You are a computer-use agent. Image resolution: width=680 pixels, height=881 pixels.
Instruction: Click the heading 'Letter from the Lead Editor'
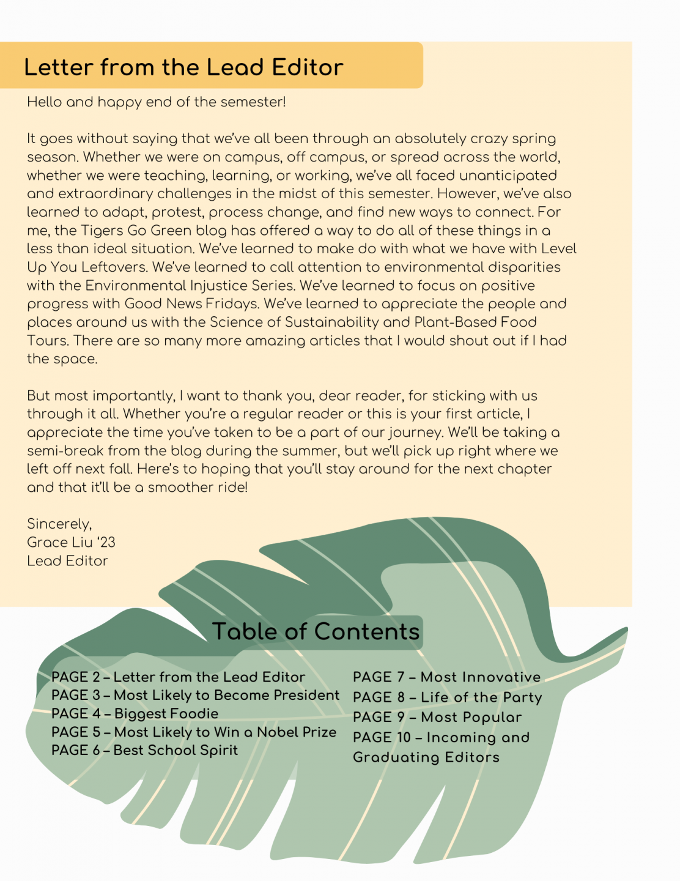(x=183, y=67)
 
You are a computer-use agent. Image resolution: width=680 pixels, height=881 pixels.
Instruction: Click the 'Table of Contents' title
(x=316, y=631)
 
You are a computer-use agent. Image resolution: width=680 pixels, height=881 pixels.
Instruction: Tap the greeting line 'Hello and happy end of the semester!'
(x=157, y=102)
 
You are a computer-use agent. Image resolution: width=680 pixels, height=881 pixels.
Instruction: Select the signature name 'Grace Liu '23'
(x=71, y=543)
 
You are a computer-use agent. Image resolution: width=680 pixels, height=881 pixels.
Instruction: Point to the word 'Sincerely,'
(x=59, y=524)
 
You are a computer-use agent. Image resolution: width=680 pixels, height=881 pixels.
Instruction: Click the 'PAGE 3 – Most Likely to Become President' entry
(x=195, y=696)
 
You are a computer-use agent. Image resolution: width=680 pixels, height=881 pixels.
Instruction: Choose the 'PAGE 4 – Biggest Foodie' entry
(x=135, y=714)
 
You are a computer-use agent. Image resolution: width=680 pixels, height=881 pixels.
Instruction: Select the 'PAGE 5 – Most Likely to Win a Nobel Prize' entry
(x=194, y=732)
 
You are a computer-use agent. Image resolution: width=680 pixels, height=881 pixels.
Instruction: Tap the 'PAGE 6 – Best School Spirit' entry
(x=144, y=751)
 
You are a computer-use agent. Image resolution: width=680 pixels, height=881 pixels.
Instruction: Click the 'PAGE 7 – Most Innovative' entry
(x=446, y=677)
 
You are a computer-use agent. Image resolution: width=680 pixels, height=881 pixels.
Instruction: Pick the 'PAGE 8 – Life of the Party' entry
(x=447, y=697)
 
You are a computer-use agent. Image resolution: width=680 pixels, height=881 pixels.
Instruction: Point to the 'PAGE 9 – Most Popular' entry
(x=437, y=718)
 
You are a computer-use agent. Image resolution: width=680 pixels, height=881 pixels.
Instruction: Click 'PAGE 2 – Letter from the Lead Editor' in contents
(x=178, y=677)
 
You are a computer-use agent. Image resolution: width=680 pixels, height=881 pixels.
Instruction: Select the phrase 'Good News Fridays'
(x=191, y=304)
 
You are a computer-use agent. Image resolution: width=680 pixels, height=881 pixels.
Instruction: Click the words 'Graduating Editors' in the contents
(x=426, y=757)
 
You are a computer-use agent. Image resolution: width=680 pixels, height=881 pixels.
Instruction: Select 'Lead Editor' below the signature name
(x=67, y=561)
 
